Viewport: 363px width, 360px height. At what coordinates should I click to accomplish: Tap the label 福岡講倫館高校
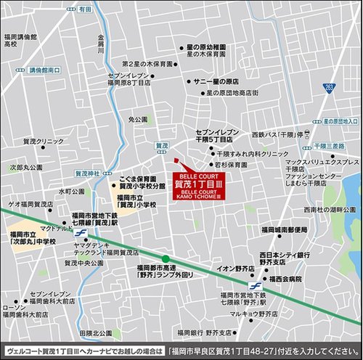[x=20, y=40]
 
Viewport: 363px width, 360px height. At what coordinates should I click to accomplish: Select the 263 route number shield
[x=330, y=87]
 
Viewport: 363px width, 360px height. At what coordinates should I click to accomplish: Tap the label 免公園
[x=138, y=118]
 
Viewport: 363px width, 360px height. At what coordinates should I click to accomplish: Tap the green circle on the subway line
[x=166, y=258]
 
